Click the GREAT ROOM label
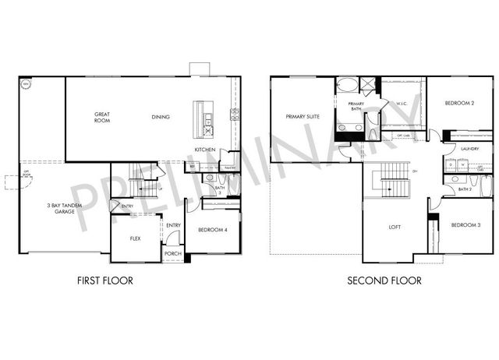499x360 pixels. (102, 118)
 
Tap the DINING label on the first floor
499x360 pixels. (161, 118)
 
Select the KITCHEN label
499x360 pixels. (205, 150)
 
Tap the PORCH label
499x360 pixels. (172, 254)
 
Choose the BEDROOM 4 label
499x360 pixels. (212, 230)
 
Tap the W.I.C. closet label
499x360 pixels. (402, 103)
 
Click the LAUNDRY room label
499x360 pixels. (469, 148)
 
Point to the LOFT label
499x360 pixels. (395, 229)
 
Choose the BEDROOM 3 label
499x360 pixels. (465, 225)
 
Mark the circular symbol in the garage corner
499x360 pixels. (25, 83)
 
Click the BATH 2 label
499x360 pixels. (465, 189)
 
